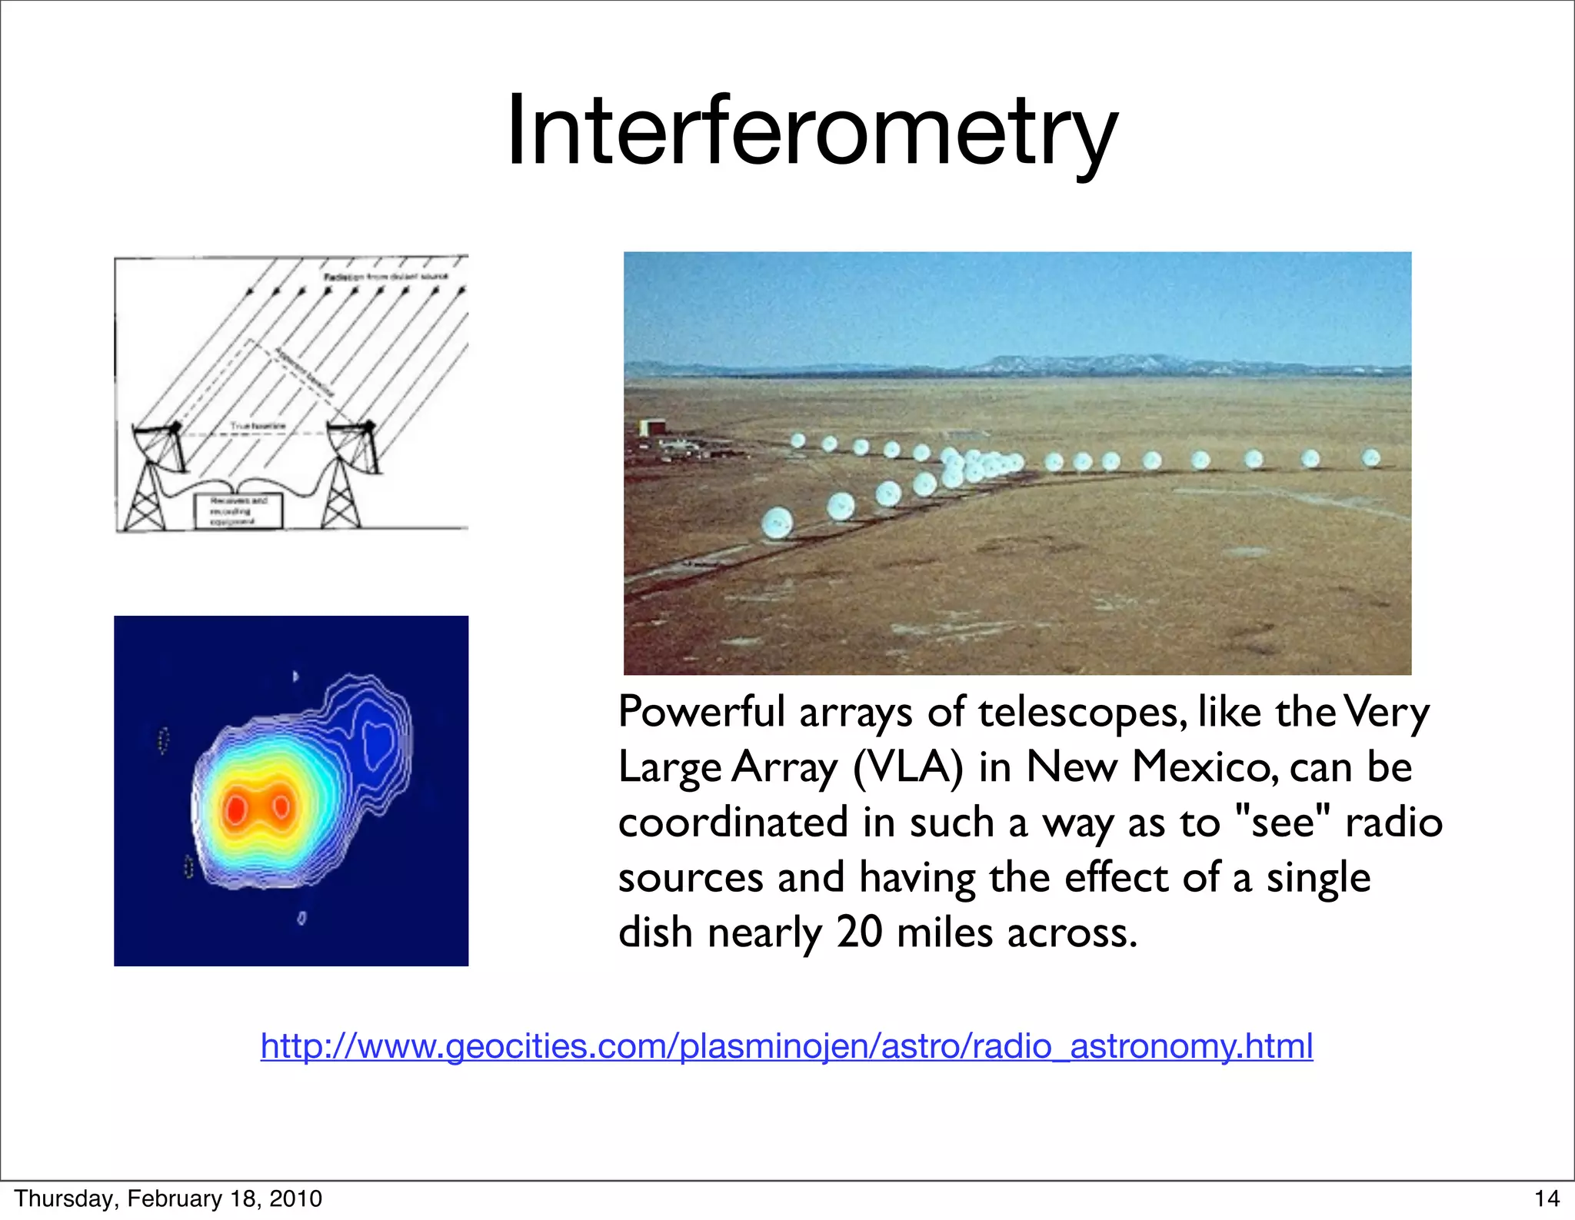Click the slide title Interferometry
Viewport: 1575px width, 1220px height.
pos(811,131)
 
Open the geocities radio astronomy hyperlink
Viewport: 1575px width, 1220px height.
pos(786,1045)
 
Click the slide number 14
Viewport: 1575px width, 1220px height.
pos(1547,1198)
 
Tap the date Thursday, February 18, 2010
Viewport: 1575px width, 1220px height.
pos(168,1198)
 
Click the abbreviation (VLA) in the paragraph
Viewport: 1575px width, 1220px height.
pos(907,767)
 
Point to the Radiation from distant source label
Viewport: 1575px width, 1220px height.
pos(385,277)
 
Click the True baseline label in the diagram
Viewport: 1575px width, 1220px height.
pos(258,426)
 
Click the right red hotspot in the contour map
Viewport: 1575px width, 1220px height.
pos(281,806)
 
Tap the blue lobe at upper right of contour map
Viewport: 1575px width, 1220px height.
pos(377,742)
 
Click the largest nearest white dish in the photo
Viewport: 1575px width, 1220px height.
pos(778,523)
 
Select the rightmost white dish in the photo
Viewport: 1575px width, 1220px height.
pos(1370,459)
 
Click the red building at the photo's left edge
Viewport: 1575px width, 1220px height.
pos(652,427)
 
